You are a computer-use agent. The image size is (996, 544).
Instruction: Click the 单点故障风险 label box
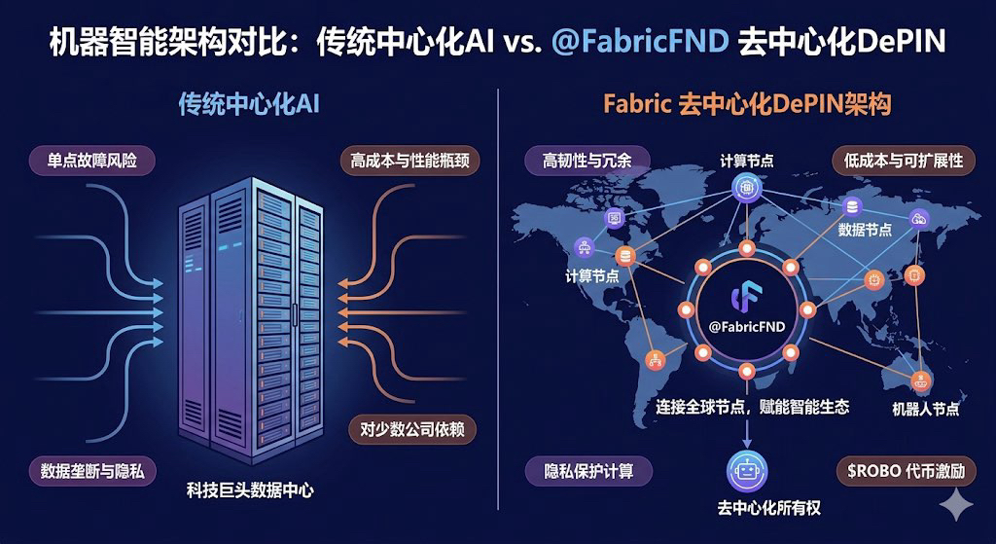(93, 160)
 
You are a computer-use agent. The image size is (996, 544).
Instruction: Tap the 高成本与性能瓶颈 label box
(409, 160)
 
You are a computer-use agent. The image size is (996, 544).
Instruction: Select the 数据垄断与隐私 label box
(93, 471)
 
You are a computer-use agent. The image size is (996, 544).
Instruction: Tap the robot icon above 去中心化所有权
(746, 470)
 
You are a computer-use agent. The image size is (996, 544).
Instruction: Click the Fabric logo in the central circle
(747, 293)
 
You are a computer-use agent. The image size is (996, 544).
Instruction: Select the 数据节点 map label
(865, 230)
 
